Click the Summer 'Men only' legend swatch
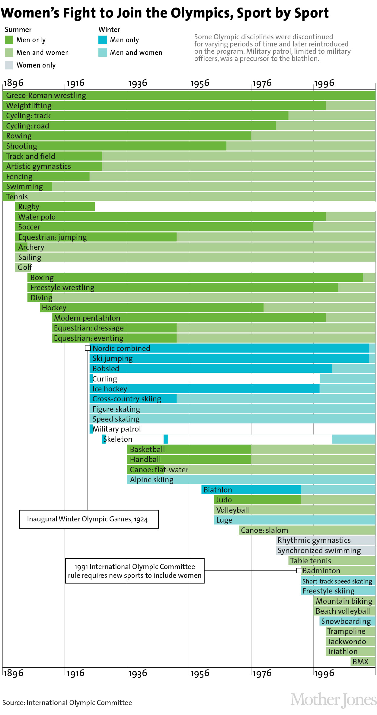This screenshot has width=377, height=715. click(x=9, y=40)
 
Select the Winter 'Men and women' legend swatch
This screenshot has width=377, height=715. click(x=103, y=52)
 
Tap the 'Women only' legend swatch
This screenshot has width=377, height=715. click(x=9, y=65)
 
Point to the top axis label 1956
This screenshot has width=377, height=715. click(x=200, y=83)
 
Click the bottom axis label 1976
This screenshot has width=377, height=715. click(x=262, y=673)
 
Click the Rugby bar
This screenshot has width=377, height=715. click(x=55, y=207)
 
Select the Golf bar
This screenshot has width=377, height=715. click(x=23, y=267)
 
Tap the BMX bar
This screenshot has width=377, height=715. click(x=363, y=662)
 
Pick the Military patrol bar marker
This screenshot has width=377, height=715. click(x=91, y=429)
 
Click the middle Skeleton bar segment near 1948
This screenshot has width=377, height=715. click(x=165, y=439)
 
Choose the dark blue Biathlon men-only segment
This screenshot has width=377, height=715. click(x=251, y=490)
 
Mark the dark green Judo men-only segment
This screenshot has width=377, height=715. click(x=257, y=500)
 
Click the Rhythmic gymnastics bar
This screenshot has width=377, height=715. click(x=325, y=540)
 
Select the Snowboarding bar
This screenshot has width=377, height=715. click(x=347, y=621)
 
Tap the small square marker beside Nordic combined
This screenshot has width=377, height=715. click(x=88, y=348)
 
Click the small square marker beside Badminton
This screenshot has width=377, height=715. click(x=299, y=571)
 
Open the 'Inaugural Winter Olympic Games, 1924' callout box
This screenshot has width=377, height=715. click(x=89, y=519)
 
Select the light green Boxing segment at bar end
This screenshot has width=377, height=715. click(x=369, y=277)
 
